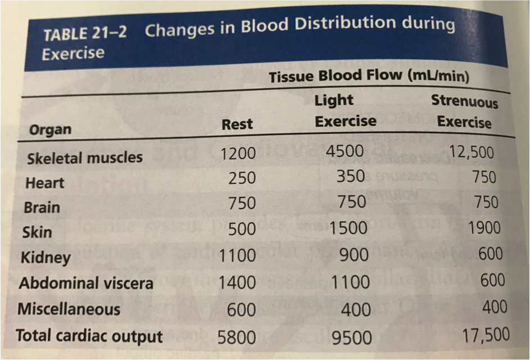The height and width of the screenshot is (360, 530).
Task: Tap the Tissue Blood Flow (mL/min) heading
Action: click(x=369, y=76)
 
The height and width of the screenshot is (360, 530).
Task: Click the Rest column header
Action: click(x=237, y=124)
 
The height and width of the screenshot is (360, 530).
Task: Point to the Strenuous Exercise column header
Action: click(x=464, y=111)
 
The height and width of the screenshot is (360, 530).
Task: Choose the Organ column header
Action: click(x=51, y=130)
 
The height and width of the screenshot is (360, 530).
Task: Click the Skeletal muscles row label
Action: click(x=85, y=157)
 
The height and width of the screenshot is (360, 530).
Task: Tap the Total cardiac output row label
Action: click(x=89, y=336)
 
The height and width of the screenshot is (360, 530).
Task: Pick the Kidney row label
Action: click(x=46, y=258)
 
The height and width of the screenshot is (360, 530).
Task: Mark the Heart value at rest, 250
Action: click(x=242, y=178)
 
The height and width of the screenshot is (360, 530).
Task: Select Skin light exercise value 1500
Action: click(x=348, y=228)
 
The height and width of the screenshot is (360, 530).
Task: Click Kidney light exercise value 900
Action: click(x=353, y=255)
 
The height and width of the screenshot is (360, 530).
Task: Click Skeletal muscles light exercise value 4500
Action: click(x=345, y=151)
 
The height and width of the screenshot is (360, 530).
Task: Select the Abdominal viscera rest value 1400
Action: click(x=237, y=283)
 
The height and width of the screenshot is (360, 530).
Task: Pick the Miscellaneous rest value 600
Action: click(x=242, y=309)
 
